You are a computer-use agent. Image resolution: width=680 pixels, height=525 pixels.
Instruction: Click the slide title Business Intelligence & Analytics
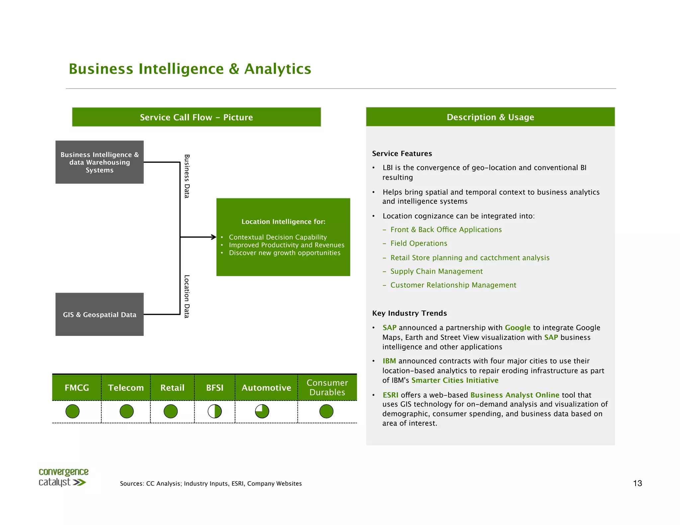pos(190,69)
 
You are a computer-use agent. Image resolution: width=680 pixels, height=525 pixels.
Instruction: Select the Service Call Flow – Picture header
pos(196,117)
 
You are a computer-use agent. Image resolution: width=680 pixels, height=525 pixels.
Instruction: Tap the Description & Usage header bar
pos(490,117)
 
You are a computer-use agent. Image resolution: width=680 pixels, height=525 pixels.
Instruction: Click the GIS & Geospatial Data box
pos(99,314)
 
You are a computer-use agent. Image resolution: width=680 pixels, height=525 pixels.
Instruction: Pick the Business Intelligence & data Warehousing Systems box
pos(99,162)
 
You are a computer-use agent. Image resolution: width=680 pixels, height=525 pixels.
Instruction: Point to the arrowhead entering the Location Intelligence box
pos(214,237)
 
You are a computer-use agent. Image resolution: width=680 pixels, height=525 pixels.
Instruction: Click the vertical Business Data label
pos(187,176)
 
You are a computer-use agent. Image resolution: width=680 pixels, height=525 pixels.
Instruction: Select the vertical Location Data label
pos(187,296)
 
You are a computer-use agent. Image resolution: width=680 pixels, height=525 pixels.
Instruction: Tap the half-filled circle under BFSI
pos(215,412)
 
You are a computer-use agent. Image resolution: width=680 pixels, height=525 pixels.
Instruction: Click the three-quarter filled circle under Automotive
pos(262,412)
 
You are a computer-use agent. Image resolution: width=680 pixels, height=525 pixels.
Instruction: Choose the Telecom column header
pos(126,388)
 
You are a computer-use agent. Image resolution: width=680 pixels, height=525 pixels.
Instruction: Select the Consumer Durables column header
pos(327,388)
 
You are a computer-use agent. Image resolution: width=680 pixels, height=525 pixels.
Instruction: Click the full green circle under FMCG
pos(73,412)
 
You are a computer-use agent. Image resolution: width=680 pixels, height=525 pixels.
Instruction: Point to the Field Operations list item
pos(419,243)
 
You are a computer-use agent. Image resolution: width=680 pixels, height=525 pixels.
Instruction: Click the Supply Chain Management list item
pos(436,271)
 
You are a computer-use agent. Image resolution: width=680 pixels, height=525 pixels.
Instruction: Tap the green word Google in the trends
pos(517,328)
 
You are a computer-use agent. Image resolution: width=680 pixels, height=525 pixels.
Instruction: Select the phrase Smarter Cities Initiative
pos(455,380)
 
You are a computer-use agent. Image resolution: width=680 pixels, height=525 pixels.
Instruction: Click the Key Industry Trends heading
pos(409,313)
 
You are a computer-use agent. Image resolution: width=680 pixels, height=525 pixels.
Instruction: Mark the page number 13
pos(637,483)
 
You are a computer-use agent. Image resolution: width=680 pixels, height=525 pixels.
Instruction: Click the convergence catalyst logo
pos(63,477)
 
